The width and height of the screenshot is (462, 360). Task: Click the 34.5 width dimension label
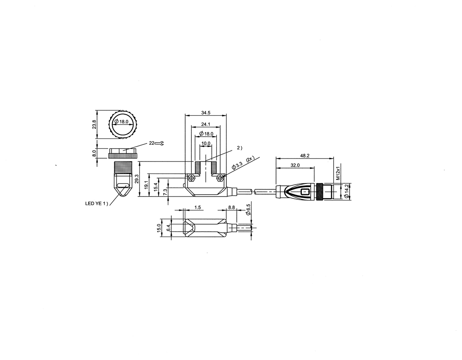pos(206,113)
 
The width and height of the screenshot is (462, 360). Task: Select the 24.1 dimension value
pos(206,124)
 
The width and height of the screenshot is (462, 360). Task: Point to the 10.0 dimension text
pos(206,143)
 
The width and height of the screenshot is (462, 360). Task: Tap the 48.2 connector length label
pos(305,156)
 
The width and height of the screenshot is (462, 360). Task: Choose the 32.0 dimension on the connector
pos(295,165)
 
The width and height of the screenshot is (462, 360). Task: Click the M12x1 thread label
pos(338,173)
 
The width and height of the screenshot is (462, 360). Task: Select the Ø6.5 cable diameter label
pos(248,210)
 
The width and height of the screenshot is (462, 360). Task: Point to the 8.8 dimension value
pos(231,207)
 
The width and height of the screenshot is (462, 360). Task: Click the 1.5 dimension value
pos(198,207)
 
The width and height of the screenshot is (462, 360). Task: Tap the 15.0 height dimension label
pos(158,228)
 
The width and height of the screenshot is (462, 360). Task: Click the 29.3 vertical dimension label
pos(137,179)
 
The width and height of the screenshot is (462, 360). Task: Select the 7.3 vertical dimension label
pos(165,191)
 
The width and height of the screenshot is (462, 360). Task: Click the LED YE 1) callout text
pos(97,203)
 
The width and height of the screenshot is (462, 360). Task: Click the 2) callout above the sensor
pos(239,148)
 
